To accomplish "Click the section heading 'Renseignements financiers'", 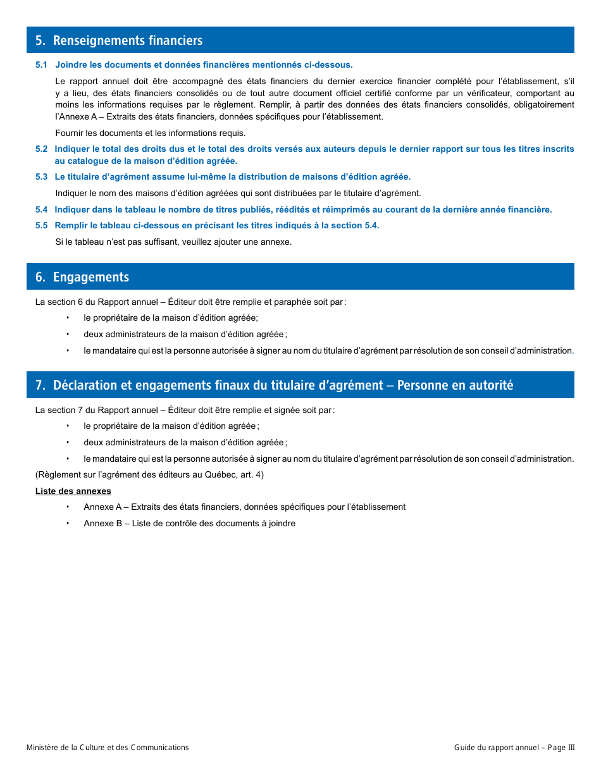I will point(127,40).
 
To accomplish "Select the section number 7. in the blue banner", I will point(40,385).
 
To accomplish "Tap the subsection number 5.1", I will point(42,65).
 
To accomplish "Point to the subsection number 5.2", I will point(42,149).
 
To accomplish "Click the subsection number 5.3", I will point(42,177).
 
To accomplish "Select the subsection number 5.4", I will point(42,210).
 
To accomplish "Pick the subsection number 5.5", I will point(42,226).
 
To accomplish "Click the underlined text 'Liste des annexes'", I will point(73,491).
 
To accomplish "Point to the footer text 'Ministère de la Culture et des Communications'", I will point(108,748).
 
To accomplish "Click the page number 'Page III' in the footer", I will point(561,748).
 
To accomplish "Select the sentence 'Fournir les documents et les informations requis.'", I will point(151,133).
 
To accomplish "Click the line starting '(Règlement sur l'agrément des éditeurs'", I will point(149,475).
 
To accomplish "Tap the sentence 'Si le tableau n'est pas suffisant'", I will point(173,242).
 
